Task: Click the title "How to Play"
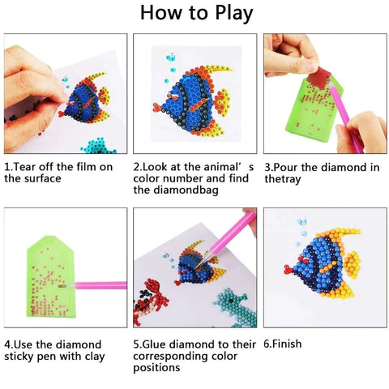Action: tap(195, 14)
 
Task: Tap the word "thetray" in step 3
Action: tap(283, 179)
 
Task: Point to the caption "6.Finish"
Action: tap(283, 344)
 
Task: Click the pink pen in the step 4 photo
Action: tap(101, 285)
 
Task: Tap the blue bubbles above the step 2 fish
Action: tap(170, 60)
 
